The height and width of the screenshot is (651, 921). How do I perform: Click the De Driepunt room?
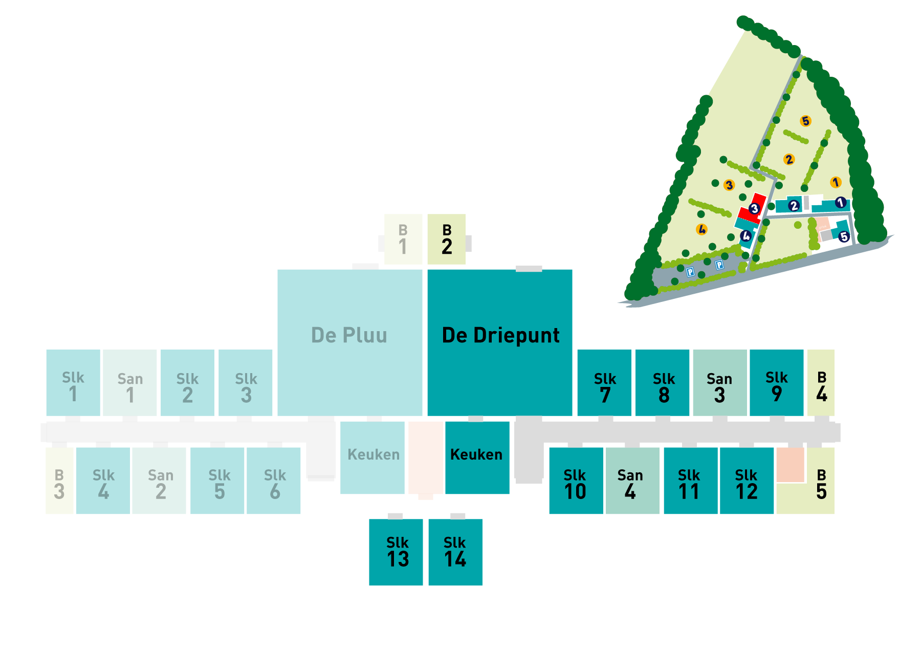[x=500, y=342]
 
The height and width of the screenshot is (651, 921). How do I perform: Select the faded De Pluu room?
[x=350, y=342]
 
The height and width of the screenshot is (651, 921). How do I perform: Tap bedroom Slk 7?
[x=604, y=383]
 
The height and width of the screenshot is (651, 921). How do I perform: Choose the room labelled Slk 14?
[x=455, y=552]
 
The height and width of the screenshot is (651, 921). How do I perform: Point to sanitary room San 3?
[x=720, y=383]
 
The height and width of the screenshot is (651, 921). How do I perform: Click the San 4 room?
[x=632, y=481]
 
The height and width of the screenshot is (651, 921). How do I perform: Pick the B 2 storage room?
[x=447, y=239]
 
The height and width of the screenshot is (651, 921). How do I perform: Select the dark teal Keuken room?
[x=477, y=458]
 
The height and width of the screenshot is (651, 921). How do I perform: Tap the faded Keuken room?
[x=372, y=458]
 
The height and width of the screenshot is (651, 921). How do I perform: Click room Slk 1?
[x=73, y=383]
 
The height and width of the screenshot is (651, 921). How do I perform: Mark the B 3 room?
[x=59, y=481]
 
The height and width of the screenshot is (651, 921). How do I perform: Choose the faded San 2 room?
[x=159, y=481]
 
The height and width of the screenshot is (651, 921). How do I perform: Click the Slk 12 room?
[x=747, y=481]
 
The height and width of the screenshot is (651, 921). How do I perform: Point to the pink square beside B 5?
[x=791, y=465]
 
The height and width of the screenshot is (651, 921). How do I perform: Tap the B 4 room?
[x=821, y=383]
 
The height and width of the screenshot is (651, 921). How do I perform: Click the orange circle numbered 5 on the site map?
[x=806, y=121]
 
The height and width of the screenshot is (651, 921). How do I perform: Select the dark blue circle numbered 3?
[x=754, y=208]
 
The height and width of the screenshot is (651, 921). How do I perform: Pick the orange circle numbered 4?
[x=702, y=230]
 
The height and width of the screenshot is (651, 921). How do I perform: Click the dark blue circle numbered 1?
[x=840, y=203]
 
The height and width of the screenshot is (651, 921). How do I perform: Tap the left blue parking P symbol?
[x=690, y=272]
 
